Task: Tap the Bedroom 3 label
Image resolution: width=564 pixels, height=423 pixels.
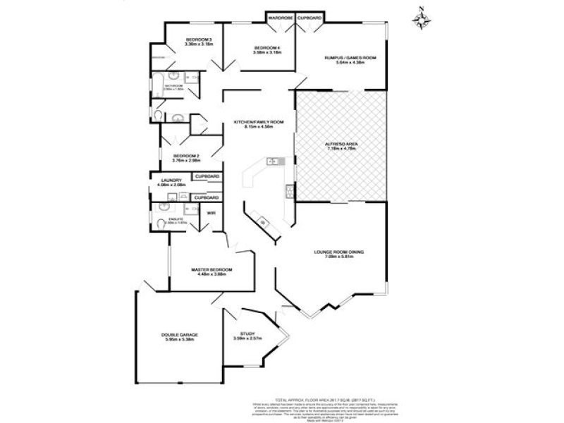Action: tap(200, 39)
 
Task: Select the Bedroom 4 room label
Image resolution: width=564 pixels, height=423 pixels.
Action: tap(268, 48)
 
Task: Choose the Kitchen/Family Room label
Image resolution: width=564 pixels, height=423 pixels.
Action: tap(259, 122)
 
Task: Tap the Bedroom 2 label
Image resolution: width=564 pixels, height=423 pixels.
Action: tap(188, 156)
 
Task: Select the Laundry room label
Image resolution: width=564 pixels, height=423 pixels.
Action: tap(171, 180)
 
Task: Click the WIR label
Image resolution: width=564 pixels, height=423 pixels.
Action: tap(211, 211)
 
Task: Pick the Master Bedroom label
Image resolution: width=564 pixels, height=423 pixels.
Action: tap(212, 270)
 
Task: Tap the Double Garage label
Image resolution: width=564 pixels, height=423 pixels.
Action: tap(179, 334)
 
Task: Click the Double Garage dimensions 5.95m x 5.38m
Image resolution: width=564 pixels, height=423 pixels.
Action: tap(179, 340)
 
